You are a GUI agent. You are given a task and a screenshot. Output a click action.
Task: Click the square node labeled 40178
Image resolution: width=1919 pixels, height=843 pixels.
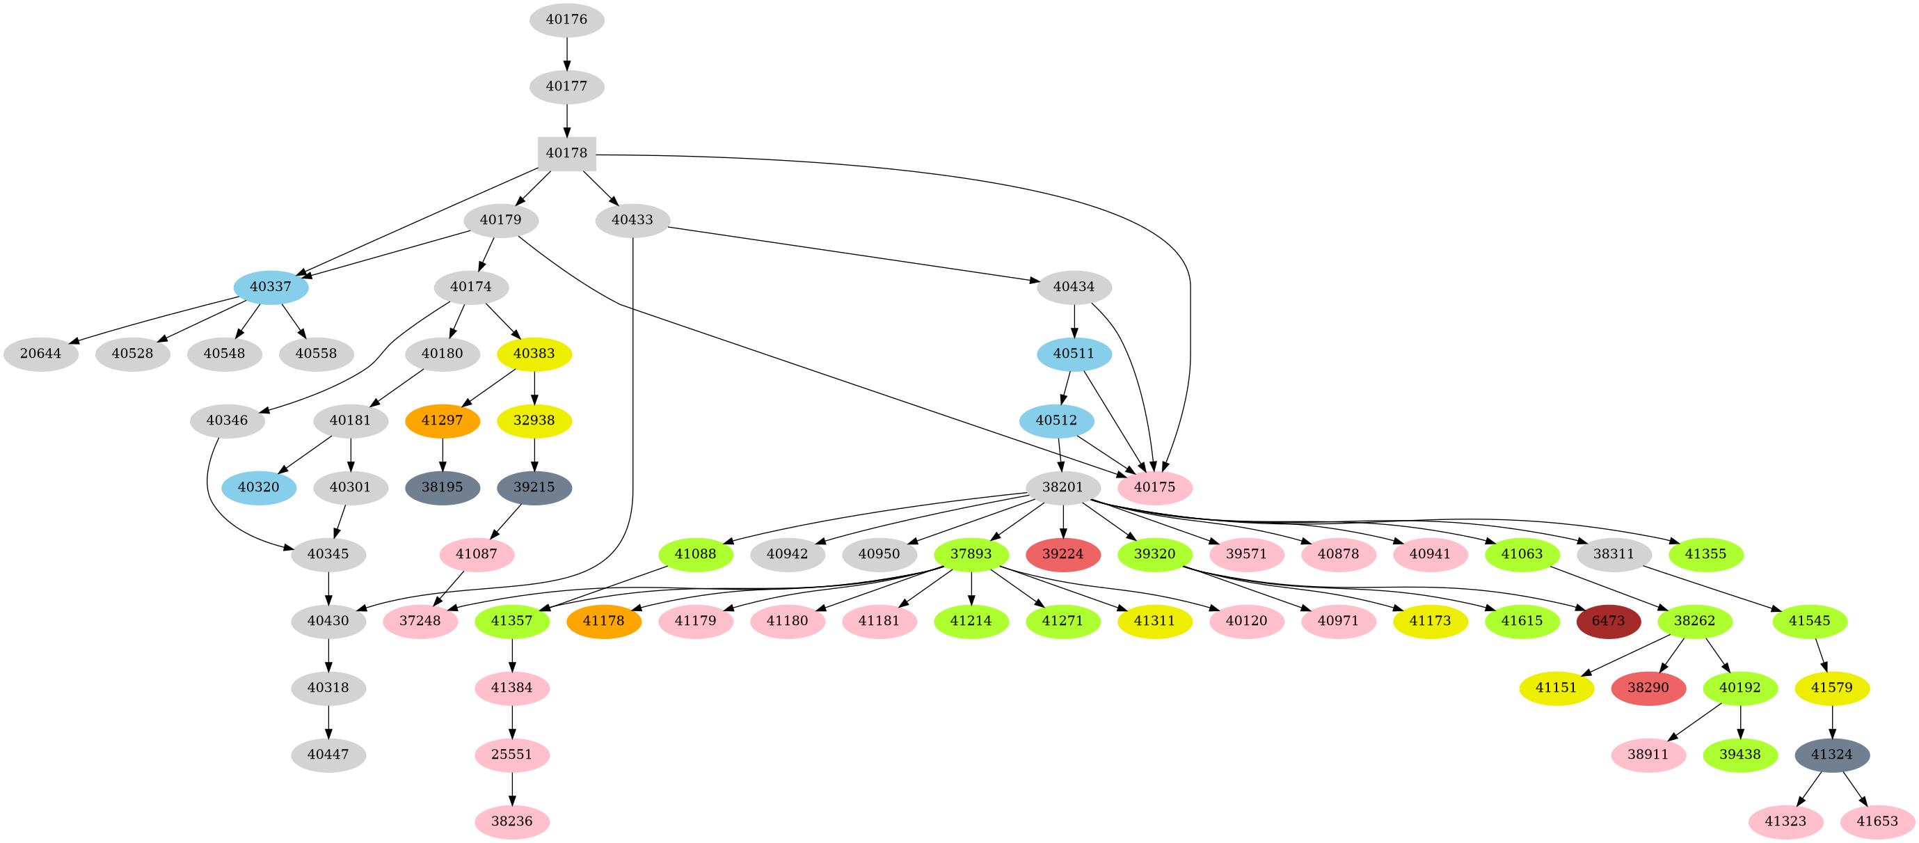tap(566, 154)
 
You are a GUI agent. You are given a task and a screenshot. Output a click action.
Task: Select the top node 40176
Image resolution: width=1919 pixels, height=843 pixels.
tap(566, 19)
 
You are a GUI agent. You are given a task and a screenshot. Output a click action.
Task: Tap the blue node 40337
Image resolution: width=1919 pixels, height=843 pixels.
tap(271, 287)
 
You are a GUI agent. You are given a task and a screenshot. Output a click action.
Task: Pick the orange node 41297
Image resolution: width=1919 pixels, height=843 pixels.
tap(442, 420)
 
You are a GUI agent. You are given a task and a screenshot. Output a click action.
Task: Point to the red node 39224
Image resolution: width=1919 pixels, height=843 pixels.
tap(1062, 555)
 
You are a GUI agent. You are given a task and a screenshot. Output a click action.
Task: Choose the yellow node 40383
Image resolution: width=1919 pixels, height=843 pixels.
tap(534, 354)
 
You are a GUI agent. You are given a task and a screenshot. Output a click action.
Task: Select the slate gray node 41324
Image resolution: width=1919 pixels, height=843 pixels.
tap(1831, 755)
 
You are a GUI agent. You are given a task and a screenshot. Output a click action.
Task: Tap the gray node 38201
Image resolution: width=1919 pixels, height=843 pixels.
tap(1062, 487)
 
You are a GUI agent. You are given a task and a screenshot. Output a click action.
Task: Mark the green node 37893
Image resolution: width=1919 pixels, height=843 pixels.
tap(971, 555)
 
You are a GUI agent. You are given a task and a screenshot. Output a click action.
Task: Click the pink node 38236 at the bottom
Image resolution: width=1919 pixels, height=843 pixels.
tap(512, 821)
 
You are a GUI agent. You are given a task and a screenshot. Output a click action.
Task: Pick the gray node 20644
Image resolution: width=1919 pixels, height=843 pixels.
tap(40, 354)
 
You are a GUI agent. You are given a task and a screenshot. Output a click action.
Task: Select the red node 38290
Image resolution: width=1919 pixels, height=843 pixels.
tap(1648, 688)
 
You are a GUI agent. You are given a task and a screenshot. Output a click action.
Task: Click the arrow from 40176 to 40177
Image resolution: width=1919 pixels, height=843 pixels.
tap(566, 53)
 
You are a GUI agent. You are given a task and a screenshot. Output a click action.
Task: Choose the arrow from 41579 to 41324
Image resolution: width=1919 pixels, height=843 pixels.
tap(1831, 721)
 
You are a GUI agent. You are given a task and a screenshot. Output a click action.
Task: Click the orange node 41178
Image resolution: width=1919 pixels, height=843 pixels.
tap(603, 621)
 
